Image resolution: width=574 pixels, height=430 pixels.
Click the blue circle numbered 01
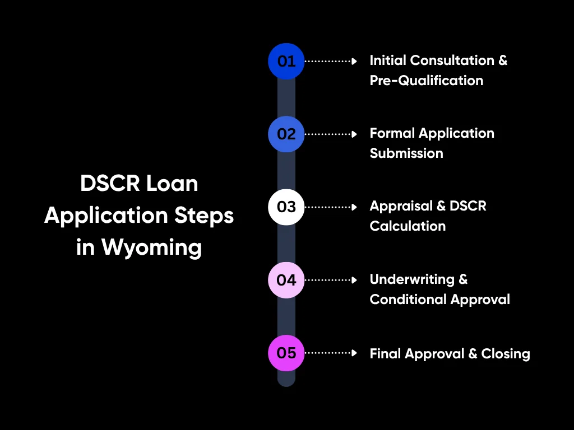[286, 61]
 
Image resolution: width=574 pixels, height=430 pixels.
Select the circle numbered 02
[286, 134]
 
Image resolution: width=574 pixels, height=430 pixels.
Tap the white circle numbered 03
[286, 207]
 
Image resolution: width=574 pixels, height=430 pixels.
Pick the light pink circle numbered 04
[286, 279]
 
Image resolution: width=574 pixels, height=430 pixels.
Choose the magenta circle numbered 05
[286, 353]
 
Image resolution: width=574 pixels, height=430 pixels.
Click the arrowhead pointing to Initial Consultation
[354, 61]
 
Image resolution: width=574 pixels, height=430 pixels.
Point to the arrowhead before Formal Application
[354, 134]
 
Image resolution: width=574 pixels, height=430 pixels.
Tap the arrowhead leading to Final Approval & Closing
[354, 353]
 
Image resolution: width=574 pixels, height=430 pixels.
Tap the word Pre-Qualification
[426, 81]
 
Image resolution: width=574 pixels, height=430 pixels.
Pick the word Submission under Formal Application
[406, 153]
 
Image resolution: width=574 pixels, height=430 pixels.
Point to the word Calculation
[408, 226]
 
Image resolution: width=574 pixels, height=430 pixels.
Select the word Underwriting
[412, 279]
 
